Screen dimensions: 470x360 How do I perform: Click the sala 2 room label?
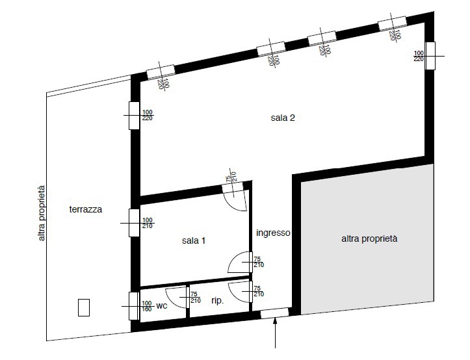point(283,118)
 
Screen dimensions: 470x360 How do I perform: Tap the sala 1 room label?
point(194,240)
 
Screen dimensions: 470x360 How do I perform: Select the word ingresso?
point(273,233)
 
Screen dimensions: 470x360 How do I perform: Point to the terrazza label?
point(85,209)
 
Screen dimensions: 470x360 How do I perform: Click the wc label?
point(162,306)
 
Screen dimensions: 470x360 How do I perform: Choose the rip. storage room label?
point(218,301)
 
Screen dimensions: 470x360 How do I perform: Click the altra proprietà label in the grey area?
point(369,238)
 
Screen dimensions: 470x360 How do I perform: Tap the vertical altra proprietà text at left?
point(42,213)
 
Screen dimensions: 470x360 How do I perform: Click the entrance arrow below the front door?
point(275,333)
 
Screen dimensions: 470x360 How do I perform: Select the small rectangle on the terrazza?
point(84,307)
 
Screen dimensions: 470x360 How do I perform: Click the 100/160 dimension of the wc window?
point(147,306)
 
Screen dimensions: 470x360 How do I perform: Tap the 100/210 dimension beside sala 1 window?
point(147,224)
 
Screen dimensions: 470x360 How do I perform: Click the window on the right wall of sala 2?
point(430,56)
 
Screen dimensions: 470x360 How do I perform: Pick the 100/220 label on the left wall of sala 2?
point(147,116)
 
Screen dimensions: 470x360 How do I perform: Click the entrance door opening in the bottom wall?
point(274,313)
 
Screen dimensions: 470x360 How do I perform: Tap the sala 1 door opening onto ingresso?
point(240,263)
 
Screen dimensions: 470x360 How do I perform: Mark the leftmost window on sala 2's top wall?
point(161,73)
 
